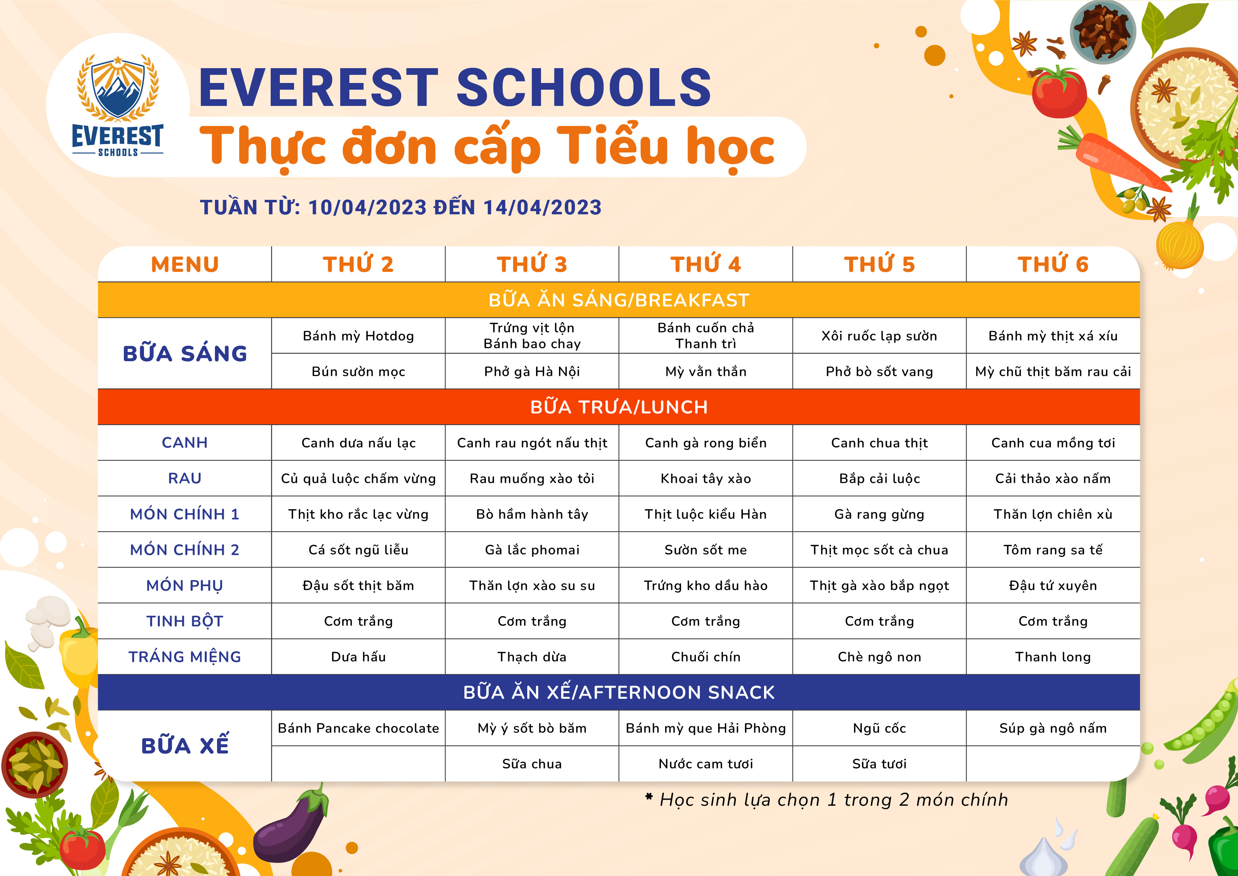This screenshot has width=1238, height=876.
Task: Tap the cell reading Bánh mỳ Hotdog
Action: [359, 336]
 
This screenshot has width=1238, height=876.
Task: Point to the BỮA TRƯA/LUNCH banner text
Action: [619, 407]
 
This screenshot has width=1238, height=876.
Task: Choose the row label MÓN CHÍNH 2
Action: [185, 550]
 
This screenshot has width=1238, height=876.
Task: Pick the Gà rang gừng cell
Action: [879, 514]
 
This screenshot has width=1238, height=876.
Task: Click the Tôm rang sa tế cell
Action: [1053, 550]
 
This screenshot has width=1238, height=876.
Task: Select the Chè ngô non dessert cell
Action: [879, 656]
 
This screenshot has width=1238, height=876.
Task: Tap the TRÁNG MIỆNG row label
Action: [185, 656]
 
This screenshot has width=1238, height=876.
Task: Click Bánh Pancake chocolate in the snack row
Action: [359, 728]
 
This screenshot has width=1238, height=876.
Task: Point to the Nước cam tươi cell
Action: [706, 764]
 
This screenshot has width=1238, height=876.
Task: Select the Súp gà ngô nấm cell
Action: [1053, 728]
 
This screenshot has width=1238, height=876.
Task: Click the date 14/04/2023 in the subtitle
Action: [542, 208]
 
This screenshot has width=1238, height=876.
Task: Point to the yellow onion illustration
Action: [1180, 243]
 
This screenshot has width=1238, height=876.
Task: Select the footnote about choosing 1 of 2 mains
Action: [827, 799]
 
